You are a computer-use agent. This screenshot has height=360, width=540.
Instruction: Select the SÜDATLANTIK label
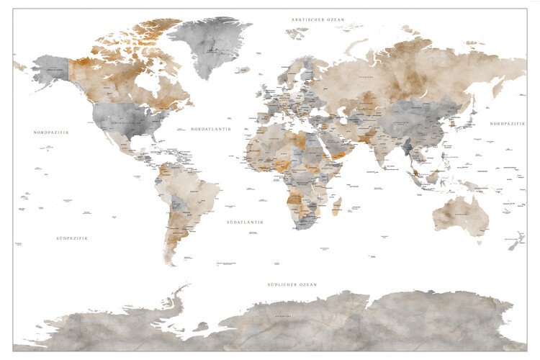(x=244, y=222)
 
